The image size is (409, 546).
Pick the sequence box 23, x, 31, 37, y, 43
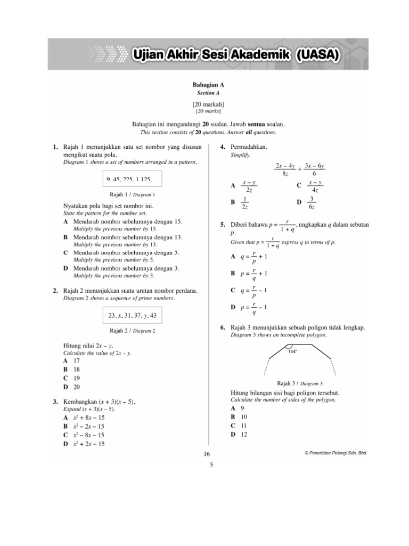pyautogui.click(x=133, y=315)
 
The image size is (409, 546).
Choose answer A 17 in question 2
pyautogui.click(x=72, y=360)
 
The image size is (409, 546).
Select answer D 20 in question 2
pyautogui.click(x=72, y=387)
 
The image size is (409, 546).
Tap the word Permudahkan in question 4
pyautogui.click(x=249, y=147)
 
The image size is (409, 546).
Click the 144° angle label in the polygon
pyautogui.click(x=292, y=352)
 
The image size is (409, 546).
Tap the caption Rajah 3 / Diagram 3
pyautogui.click(x=300, y=383)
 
